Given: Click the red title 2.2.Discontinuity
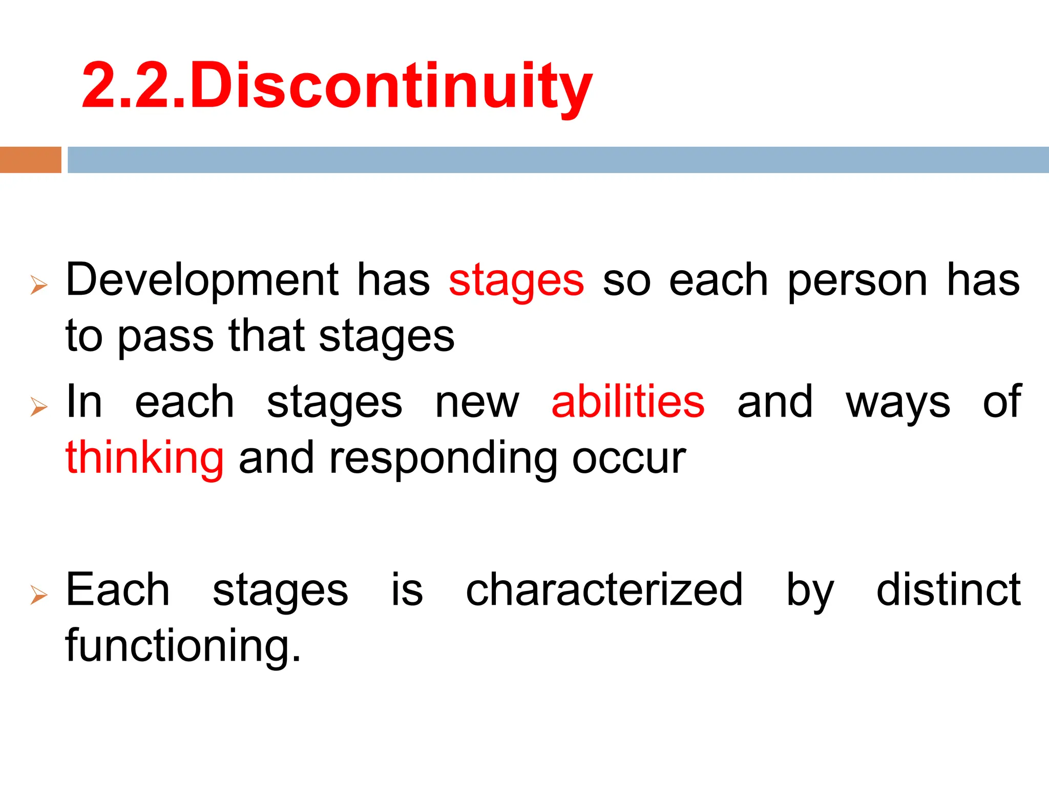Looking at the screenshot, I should pos(337,86).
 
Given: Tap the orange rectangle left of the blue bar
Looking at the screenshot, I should pos(30,160).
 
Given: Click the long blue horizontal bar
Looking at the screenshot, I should pos(558,160).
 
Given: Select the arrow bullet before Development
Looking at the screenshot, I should pos(39,285).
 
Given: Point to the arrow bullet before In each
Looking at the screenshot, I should pos(39,406).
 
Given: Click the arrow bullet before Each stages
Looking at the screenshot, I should pos(39,595).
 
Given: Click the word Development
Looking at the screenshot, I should pos(202,280).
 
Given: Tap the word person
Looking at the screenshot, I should pos(857,280).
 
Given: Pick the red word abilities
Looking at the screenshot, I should pos(628,402).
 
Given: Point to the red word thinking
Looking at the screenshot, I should pos(144,458).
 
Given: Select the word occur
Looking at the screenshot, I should pos(629,458).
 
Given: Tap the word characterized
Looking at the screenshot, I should pos(604,591).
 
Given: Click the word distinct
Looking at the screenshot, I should pos(949,591).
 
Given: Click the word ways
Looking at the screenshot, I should pos(898,402).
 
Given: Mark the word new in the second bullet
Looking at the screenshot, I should pos(477,402).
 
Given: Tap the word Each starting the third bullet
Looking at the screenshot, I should pos(118,591).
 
